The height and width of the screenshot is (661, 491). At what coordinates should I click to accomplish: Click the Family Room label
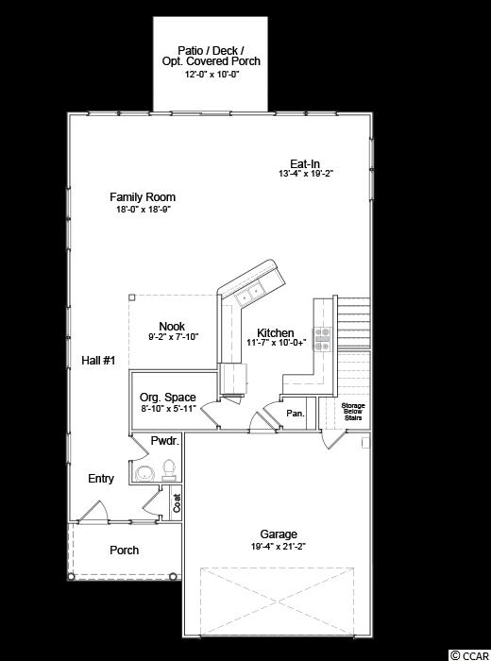tap(143, 196)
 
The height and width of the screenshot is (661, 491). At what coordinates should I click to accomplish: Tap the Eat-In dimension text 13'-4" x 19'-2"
tap(306, 173)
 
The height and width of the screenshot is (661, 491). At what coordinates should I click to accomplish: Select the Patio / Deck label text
tap(211, 51)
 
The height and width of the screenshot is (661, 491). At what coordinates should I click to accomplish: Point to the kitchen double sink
tap(250, 293)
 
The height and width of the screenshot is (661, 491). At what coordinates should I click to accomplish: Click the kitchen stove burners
tap(322, 339)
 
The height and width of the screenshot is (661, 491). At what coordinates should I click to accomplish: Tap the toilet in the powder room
tap(169, 469)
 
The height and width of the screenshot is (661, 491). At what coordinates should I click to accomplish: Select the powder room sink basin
tap(145, 473)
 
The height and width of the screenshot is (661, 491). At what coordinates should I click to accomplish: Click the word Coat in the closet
tap(177, 503)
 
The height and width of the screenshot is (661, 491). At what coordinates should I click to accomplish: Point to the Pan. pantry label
tap(296, 414)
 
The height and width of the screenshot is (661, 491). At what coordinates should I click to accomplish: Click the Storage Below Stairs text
tap(353, 412)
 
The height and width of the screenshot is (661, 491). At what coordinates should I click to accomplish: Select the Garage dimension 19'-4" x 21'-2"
tap(279, 547)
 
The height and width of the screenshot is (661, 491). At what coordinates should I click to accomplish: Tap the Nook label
tap(172, 327)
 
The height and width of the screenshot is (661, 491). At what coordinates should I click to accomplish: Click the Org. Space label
tap(168, 398)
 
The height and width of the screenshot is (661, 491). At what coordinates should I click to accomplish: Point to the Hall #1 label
tap(98, 361)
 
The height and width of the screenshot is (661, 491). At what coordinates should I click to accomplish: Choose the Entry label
tap(101, 479)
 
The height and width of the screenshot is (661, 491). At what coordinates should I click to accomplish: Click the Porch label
tap(124, 551)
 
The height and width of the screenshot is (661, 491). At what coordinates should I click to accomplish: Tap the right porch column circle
tap(173, 576)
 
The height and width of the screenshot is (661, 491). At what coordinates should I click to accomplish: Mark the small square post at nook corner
tap(131, 297)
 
